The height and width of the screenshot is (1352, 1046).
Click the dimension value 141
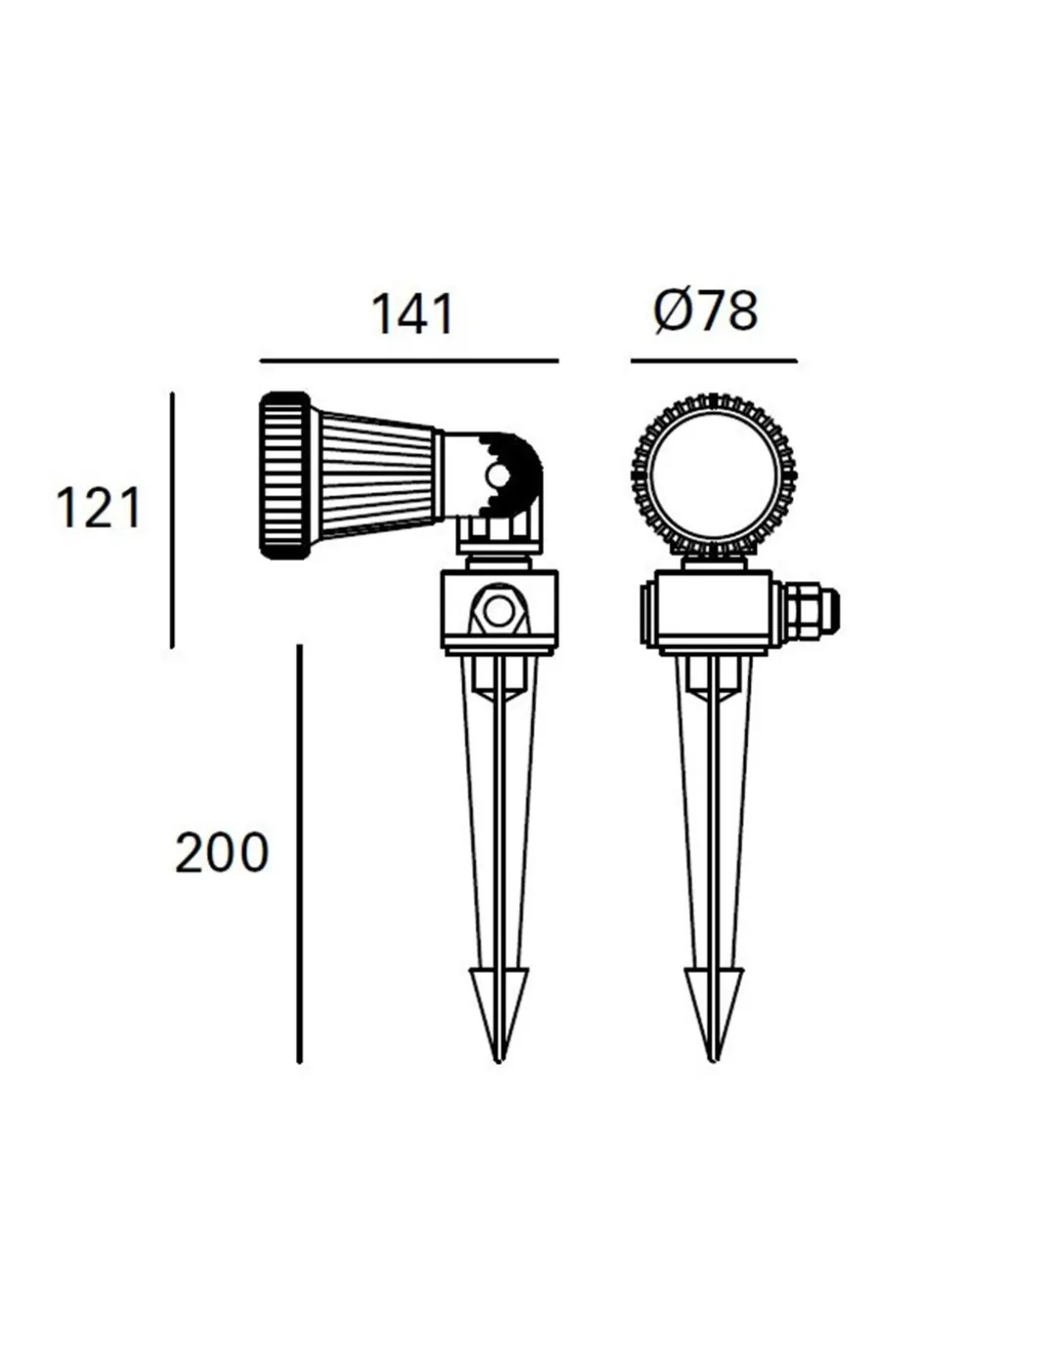[x=413, y=315]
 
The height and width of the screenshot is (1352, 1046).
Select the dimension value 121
[x=99, y=508]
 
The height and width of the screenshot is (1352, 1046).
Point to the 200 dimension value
[x=222, y=853]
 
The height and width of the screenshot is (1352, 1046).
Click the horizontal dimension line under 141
[x=409, y=360]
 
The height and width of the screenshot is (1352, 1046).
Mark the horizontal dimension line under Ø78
[x=715, y=360]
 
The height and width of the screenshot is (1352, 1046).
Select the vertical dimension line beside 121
[x=172, y=520]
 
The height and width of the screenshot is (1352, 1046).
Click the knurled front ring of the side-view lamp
[x=283, y=476]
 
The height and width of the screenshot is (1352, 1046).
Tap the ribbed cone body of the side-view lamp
[x=376, y=476]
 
